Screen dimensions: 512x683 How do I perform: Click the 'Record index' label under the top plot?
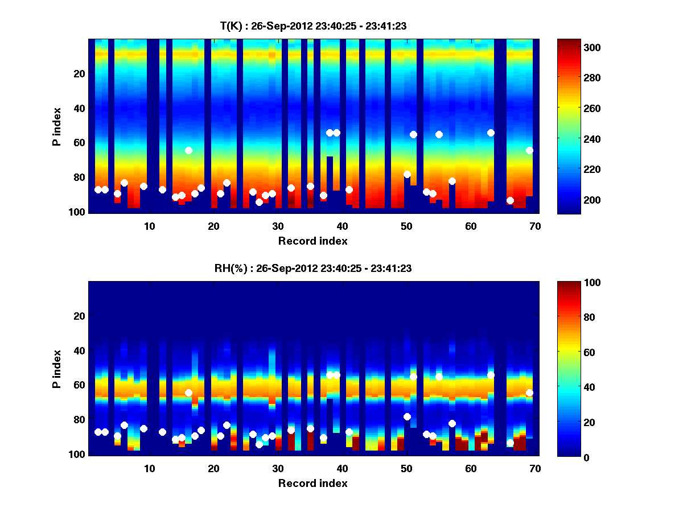coord(312,241)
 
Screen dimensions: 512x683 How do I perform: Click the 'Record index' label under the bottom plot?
coord(312,484)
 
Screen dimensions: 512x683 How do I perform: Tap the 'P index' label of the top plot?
coord(56,126)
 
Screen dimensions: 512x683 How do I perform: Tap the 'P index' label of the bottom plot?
coord(56,369)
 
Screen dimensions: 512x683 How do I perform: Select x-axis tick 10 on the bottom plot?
coord(149,468)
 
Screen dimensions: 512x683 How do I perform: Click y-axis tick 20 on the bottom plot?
coord(79,316)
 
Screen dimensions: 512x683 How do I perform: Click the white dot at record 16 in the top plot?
coord(188,150)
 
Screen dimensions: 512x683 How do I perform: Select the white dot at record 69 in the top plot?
coord(529,150)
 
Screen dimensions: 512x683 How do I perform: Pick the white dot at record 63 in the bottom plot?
coord(491,375)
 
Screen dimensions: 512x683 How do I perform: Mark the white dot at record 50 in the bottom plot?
coord(407,416)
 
